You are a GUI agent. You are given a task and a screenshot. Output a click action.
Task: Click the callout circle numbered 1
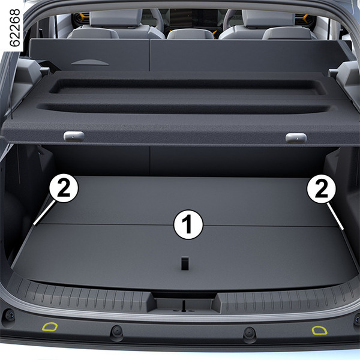coord(188,224)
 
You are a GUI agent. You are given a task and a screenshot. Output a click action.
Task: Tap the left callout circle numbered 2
coord(64,188)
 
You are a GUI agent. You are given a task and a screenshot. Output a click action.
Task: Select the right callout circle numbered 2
coord(321,189)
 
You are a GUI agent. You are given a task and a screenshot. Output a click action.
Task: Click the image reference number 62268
coord(15,28)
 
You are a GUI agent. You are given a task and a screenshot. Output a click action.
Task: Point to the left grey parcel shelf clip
coord(74,136)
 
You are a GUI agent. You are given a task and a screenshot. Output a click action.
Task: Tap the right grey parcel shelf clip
coord(296,138)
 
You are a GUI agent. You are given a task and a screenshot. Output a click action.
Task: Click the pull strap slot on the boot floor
coord(185,263)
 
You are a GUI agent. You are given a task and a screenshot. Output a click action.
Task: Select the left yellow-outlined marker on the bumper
coord(50,327)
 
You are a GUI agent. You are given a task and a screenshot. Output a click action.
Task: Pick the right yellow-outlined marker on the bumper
coord(319,330)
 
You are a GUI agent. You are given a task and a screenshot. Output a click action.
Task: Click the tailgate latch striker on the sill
coord(184,306)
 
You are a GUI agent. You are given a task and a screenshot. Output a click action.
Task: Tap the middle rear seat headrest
coord(191,34)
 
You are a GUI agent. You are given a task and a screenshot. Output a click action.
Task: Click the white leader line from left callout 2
coord(44,212)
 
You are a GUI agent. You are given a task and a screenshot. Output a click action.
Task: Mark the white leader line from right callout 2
coord(335,216)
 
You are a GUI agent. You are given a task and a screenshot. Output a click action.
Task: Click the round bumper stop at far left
coord(9,315)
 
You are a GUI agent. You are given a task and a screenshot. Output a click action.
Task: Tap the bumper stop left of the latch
coord(117,331)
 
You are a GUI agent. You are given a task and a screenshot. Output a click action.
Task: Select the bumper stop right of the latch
coord(250,333)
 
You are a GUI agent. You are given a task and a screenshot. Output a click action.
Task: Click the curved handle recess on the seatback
coord(89,62)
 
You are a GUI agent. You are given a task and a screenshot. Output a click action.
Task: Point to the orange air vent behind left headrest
coord(81,19)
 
